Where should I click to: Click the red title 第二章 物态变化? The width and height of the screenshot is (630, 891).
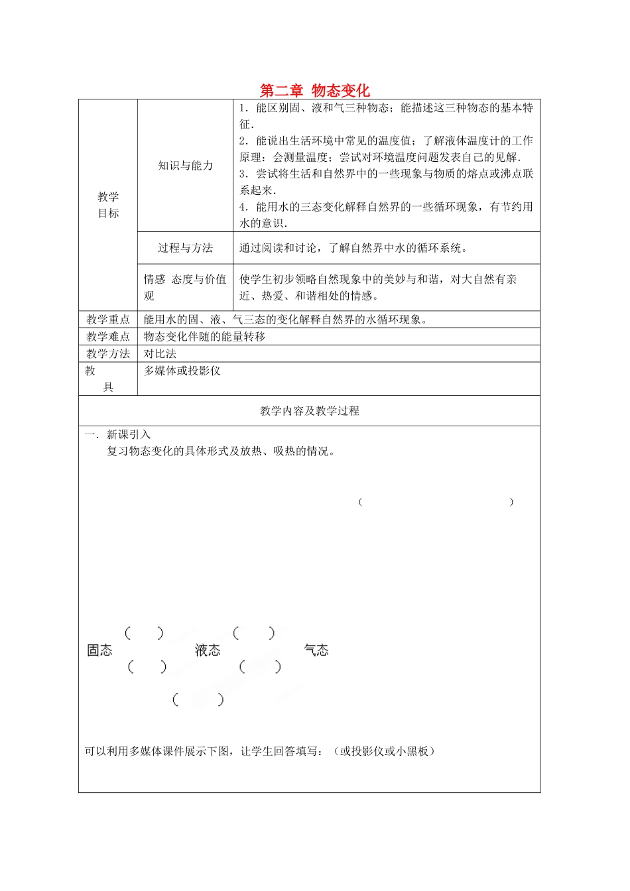[x=314, y=90]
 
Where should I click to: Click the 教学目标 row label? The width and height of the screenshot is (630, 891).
[x=108, y=205]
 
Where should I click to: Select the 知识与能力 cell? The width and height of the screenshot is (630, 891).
[x=186, y=166]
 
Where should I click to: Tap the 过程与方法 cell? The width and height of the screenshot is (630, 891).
[x=186, y=248]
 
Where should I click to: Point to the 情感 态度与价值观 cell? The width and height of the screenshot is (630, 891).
[x=185, y=287]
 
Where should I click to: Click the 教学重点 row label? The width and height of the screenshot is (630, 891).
[x=108, y=320]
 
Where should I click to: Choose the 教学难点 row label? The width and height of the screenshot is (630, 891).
[x=108, y=337]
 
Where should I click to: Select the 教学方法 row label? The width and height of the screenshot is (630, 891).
[x=108, y=354]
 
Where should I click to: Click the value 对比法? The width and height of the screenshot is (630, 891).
[x=160, y=354]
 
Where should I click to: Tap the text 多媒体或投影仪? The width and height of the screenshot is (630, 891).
[x=182, y=371]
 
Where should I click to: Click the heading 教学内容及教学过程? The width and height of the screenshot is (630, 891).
[x=310, y=411]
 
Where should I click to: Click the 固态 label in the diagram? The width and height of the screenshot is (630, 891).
[x=100, y=650]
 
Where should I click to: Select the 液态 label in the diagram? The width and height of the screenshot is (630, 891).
[x=208, y=650]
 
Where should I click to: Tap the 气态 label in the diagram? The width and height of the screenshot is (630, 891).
[x=316, y=650]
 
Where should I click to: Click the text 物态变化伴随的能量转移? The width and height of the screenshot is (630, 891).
[x=204, y=337]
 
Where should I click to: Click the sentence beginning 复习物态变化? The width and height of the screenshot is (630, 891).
[x=221, y=451]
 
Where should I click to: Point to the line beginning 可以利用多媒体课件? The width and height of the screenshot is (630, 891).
[x=259, y=751]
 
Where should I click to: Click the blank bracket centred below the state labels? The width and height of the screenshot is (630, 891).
[x=198, y=699]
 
